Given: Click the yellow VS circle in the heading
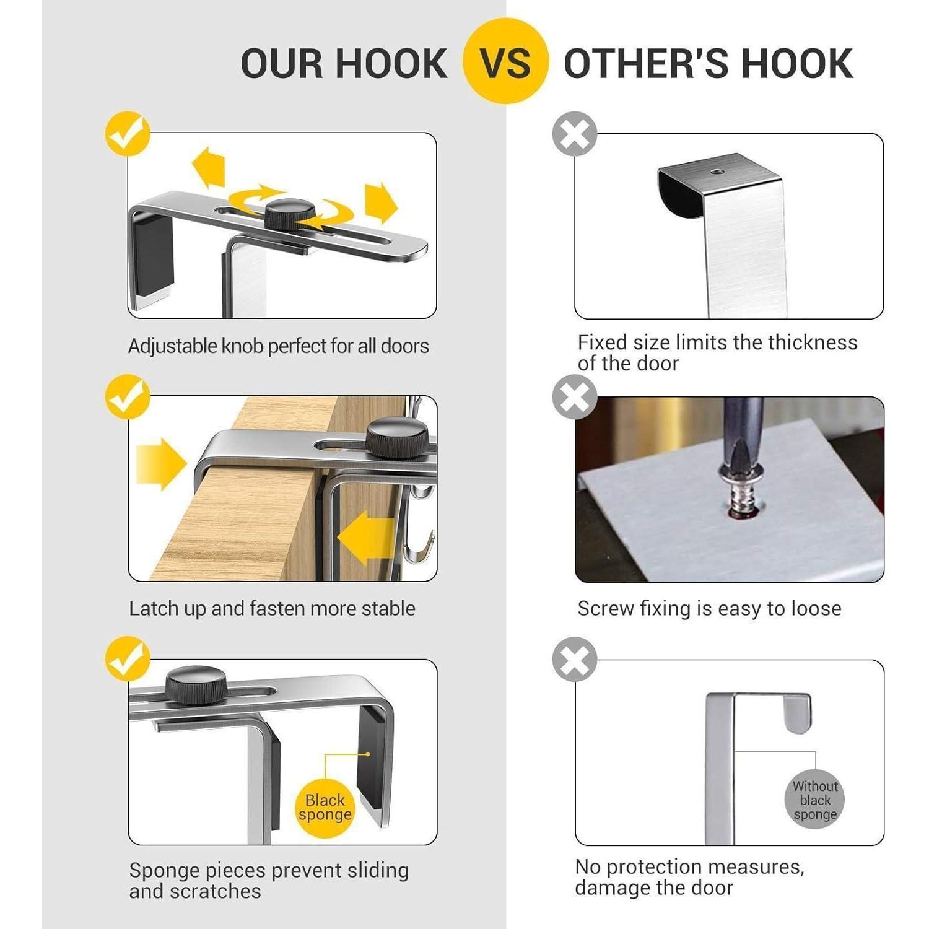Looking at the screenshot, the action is click(505, 61).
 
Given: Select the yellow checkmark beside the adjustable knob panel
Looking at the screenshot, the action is click(128, 133).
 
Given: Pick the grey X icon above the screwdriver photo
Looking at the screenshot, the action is click(575, 396).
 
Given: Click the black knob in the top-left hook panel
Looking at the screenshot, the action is click(289, 214).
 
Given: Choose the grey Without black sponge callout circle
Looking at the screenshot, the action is click(815, 800).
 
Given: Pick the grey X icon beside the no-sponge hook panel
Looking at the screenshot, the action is click(575, 658).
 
